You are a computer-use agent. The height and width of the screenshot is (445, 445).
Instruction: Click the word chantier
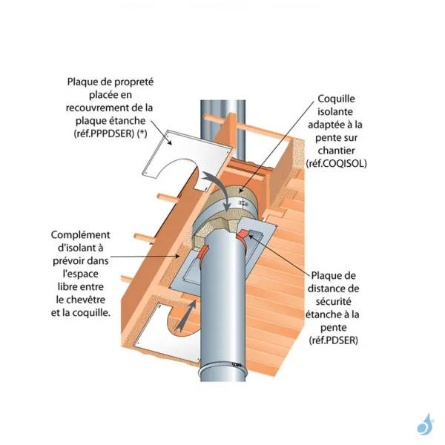click(338, 150)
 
